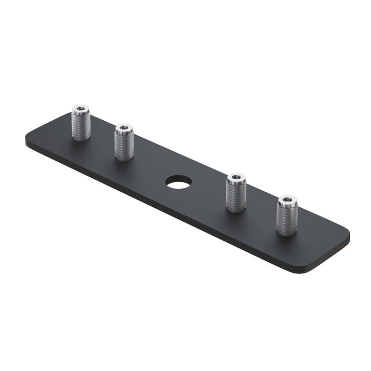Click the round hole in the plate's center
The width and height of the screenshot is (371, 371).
point(178,182)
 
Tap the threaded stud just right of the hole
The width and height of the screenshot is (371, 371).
point(236,193)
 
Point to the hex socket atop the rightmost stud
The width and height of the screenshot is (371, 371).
point(287,199)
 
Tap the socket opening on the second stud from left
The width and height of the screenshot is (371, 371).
point(124,128)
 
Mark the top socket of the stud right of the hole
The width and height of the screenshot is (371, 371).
point(236,177)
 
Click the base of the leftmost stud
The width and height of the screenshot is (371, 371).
point(81,139)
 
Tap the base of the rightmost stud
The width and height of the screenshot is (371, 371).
point(287,233)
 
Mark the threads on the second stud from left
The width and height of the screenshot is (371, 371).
point(124,145)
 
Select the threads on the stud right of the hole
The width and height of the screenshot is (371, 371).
point(236,196)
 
